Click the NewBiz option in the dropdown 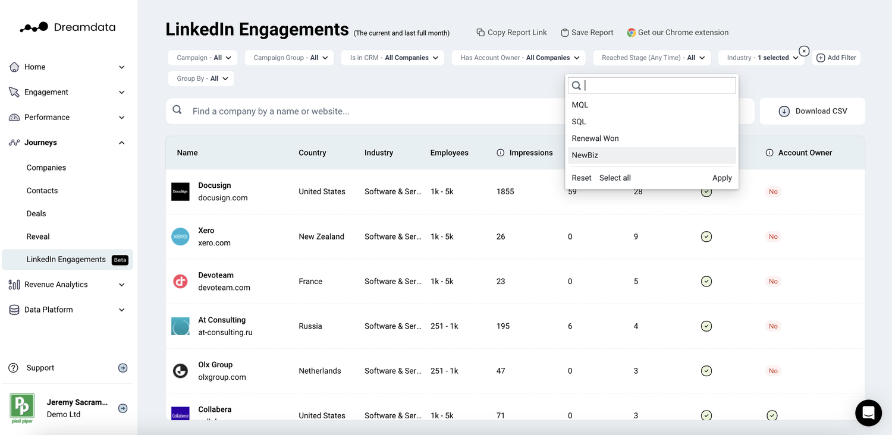pyautogui.click(x=585, y=155)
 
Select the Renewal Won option pyautogui.click(x=595, y=138)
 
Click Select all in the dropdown pyautogui.click(x=615, y=178)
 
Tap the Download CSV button pyautogui.click(x=812, y=111)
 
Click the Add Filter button pyautogui.click(x=836, y=58)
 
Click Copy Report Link pyautogui.click(x=511, y=33)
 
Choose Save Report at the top pyautogui.click(x=587, y=33)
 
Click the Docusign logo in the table pyautogui.click(x=180, y=191)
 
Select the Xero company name pyautogui.click(x=206, y=231)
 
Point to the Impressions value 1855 pyautogui.click(x=505, y=191)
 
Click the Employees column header pyautogui.click(x=449, y=153)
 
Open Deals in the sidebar pyautogui.click(x=36, y=213)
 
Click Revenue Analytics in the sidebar pyautogui.click(x=56, y=285)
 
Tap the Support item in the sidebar pyautogui.click(x=40, y=368)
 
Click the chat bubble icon pyautogui.click(x=868, y=412)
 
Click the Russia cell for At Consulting pyautogui.click(x=310, y=326)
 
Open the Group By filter pyautogui.click(x=201, y=78)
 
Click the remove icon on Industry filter pyautogui.click(x=804, y=51)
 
